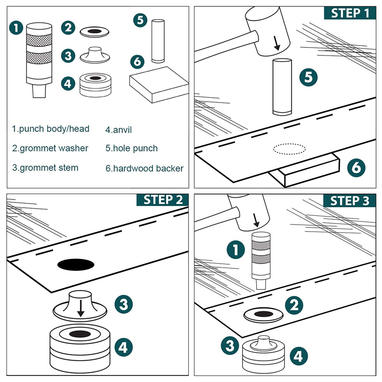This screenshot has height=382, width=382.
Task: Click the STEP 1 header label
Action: [350, 13]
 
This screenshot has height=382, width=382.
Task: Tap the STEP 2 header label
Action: [163, 200]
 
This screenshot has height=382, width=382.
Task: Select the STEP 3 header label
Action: [349, 201]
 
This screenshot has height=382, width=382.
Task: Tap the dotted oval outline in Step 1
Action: [289, 149]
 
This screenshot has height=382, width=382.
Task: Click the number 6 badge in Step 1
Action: [356, 168]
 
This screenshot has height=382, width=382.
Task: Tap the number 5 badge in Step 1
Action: [308, 77]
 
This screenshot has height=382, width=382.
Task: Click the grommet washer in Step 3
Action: [263, 315]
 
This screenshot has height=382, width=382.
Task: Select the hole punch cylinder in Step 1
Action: [282, 87]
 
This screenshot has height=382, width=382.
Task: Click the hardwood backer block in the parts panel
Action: [159, 85]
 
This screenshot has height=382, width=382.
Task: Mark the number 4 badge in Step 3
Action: [299, 356]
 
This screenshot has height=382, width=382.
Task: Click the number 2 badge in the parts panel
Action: [68, 28]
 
